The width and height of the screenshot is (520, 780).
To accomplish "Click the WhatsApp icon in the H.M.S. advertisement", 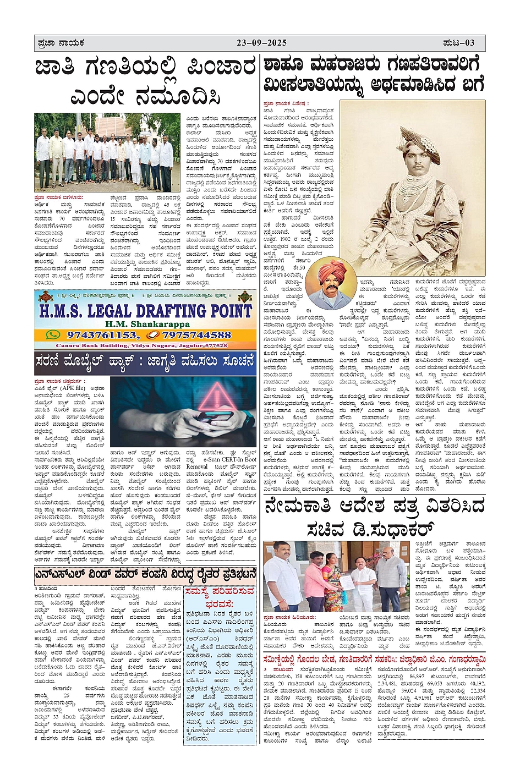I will [x=53, y=334].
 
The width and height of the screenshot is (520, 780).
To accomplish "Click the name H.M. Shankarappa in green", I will [x=144, y=324].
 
